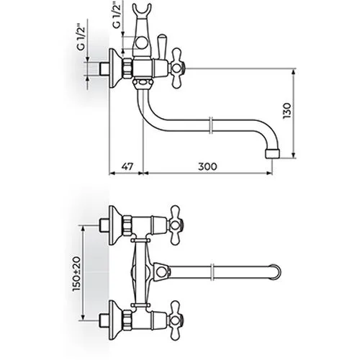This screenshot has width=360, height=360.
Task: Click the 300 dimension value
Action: [207, 166]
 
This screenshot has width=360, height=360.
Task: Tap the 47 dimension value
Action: [127, 166]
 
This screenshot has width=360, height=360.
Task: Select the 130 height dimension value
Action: [287, 110]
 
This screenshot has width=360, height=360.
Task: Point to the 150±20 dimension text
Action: [77, 274]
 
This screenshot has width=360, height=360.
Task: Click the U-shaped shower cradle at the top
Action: [143, 11]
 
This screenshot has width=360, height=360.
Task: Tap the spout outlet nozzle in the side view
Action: [272, 153]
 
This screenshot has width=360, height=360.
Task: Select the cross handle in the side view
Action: [176, 69]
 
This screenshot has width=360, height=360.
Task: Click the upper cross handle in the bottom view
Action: [176, 225]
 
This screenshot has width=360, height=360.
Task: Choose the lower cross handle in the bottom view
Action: [176, 320]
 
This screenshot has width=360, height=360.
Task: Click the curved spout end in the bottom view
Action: [276, 272]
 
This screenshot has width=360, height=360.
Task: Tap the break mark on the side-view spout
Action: [210, 125]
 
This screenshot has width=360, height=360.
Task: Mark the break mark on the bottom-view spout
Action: [212, 272]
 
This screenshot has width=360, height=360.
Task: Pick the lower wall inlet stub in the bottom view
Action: [104, 320]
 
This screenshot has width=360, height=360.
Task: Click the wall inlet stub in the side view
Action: [104, 69]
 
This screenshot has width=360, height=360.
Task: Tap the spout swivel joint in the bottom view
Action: [161, 272]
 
